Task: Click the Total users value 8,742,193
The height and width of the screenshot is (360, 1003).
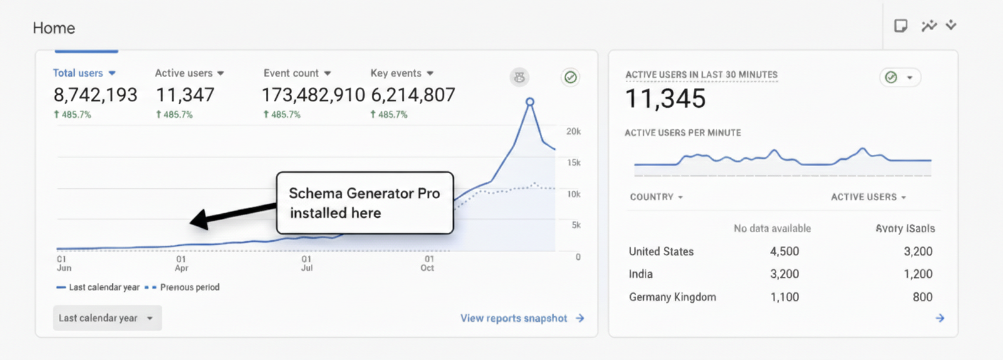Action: [95, 95]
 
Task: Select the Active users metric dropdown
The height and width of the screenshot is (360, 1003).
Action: [189, 73]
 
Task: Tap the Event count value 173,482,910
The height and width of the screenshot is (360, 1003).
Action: [313, 95]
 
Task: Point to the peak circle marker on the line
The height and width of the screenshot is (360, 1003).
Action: [530, 102]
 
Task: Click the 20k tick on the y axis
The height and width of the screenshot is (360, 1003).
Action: [573, 132]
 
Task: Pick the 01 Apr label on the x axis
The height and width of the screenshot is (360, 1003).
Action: [181, 263]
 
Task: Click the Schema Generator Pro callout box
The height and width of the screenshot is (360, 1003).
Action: [365, 203]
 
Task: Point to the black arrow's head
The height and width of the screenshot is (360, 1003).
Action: [198, 220]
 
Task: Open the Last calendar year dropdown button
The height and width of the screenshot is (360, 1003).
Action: [107, 318]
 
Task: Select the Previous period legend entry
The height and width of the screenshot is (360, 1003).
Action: [183, 287]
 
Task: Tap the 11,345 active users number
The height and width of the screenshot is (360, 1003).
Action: [666, 99]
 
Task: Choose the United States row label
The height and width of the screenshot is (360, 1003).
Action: [661, 251]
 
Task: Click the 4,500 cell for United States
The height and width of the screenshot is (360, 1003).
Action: [784, 251]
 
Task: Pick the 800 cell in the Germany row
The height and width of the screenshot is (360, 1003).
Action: [922, 297]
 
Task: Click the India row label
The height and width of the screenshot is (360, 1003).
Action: [641, 274]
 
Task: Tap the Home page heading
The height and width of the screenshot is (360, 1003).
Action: [54, 28]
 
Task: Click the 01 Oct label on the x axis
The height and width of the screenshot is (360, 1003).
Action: [428, 263]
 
